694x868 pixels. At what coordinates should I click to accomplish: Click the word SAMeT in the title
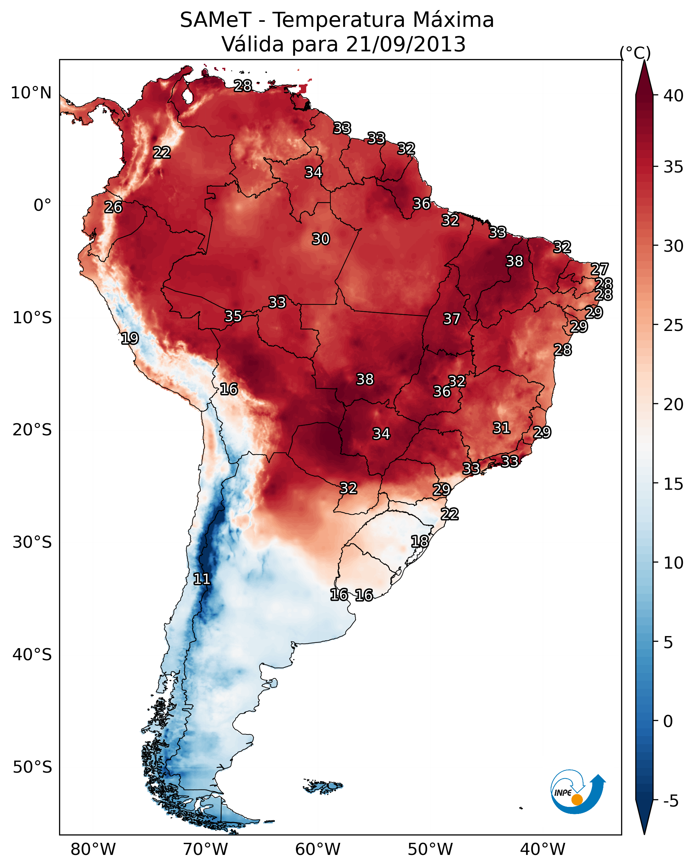215,20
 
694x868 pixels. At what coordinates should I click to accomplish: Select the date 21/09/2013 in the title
405,44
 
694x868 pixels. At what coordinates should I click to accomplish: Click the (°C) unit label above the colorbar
635,53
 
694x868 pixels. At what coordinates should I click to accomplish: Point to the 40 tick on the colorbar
674,96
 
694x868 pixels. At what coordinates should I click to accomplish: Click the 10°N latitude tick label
31,93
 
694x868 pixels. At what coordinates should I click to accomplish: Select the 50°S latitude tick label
32,767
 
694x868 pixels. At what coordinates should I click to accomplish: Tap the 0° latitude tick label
42,205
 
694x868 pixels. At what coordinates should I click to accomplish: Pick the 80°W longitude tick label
93,850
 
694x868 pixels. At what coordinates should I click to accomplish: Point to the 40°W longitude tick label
543,850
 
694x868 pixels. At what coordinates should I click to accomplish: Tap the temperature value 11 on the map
202,579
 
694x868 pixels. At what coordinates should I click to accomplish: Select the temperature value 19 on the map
130,338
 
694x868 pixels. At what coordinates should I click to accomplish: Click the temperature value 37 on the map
452,319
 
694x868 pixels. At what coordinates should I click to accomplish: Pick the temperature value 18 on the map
420,541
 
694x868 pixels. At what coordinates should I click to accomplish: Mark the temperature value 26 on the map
113,207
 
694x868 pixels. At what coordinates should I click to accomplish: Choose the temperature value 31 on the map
502,428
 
